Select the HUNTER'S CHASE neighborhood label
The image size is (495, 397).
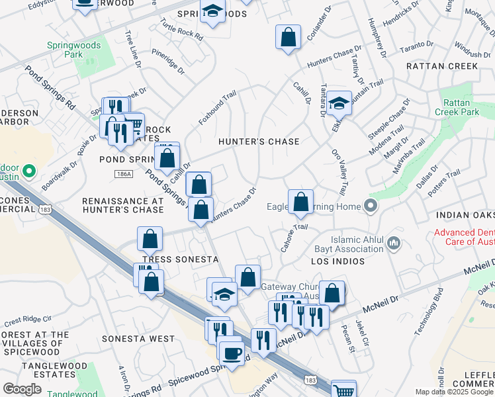259,142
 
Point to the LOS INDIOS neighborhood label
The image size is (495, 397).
338,261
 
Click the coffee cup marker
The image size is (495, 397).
230,353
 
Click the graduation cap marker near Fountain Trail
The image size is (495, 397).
339,103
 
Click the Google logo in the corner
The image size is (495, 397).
22,389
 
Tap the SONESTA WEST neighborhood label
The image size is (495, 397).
138,339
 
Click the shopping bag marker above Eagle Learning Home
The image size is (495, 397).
300,202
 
